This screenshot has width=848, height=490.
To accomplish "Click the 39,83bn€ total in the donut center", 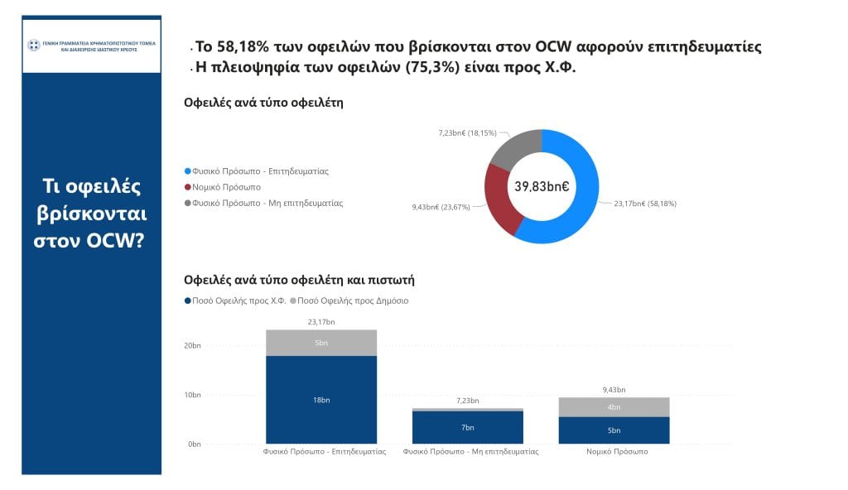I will [542, 186].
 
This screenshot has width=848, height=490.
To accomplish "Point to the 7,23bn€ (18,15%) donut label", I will [467, 132].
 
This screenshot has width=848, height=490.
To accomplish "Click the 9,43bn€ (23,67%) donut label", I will [440, 207].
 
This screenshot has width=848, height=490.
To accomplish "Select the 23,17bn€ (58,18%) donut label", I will [644, 203].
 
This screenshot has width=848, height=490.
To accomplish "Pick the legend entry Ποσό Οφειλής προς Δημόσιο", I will [358, 301].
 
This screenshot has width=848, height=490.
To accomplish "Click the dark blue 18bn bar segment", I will [321, 399].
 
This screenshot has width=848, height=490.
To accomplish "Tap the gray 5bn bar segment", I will [321, 343].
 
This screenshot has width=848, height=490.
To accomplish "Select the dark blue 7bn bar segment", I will [468, 427].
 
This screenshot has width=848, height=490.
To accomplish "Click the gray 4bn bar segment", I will [614, 406].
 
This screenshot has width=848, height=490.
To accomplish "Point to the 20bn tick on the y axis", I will [191, 345].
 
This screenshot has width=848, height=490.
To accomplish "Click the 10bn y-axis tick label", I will [191, 395].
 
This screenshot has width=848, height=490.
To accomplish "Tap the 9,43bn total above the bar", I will [614, 389].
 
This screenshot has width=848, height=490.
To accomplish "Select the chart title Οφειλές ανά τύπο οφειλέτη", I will [263, 103].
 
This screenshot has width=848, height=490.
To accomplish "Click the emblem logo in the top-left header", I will [34, 45].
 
